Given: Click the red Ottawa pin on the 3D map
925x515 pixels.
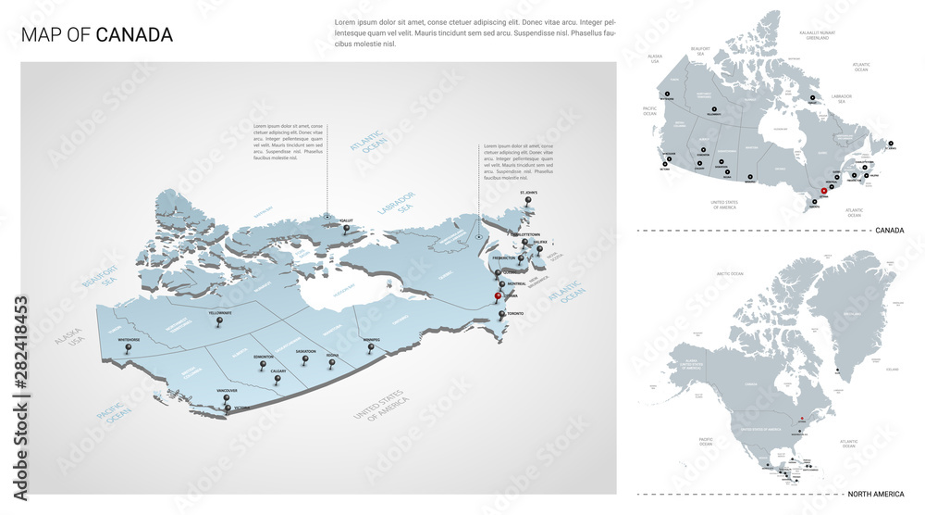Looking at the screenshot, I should coord(498,296).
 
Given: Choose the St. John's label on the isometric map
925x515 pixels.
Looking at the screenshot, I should coord(527,193).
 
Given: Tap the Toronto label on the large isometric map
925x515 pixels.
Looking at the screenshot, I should coord(514,314).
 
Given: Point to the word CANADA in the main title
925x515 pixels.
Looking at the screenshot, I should coord(134,35).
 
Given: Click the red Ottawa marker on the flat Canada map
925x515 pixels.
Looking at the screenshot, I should coord(823,191).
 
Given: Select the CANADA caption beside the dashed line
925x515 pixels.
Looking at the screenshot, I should coord(889,230).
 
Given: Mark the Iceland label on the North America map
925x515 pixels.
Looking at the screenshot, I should coord(891,368).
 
